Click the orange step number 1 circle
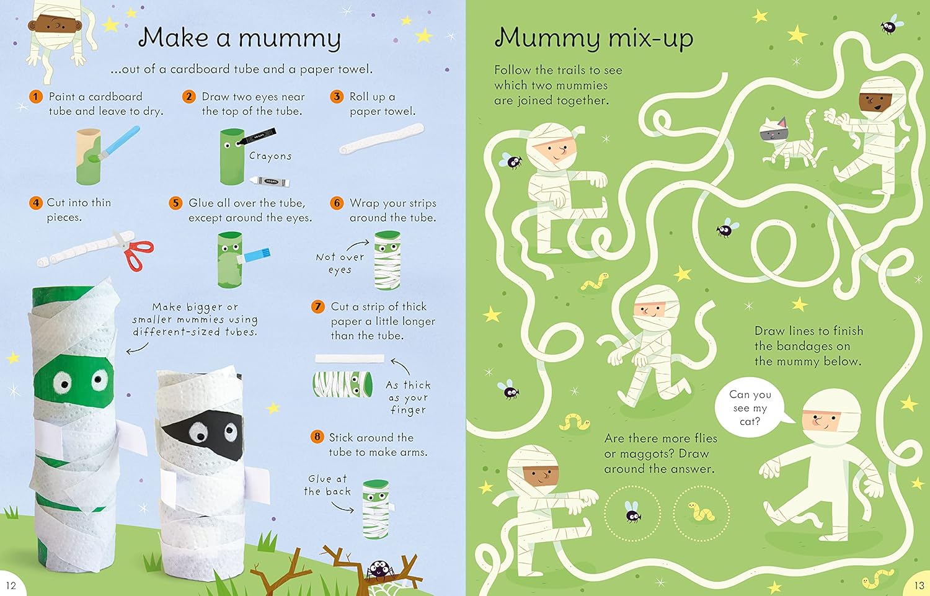coord(36,97)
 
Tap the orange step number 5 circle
coord(176,203)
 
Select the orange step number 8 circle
coord(317,437)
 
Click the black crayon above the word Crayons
coord(257,136)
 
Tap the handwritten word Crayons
coord(270,156)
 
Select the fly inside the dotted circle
coord(632,512)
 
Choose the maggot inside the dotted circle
coord(701,512)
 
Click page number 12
coord(11,585)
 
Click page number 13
coord(919,585)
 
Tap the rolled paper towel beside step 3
coord(381,140)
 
